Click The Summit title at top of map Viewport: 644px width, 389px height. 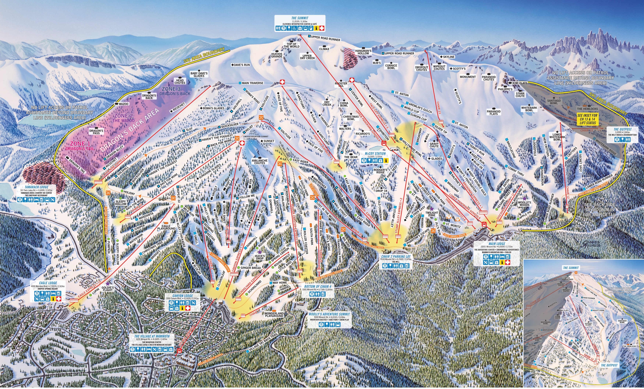click(300, 18)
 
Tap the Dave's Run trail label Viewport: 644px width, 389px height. click(242, 65)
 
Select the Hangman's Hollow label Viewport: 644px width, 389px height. click(363, 52)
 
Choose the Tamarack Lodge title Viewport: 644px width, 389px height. click(37, 187)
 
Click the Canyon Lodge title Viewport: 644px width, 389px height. click(183, 296)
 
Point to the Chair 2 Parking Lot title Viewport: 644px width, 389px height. click(396, 257)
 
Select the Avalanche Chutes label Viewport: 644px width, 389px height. click(260, 162)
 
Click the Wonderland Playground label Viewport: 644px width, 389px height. click(274, 314)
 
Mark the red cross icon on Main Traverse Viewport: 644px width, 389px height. click(282, 82)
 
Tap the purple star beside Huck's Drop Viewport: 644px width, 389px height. click(260, 252)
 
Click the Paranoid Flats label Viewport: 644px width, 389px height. click(493, 113)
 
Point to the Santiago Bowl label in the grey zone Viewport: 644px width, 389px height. click(554, 102)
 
